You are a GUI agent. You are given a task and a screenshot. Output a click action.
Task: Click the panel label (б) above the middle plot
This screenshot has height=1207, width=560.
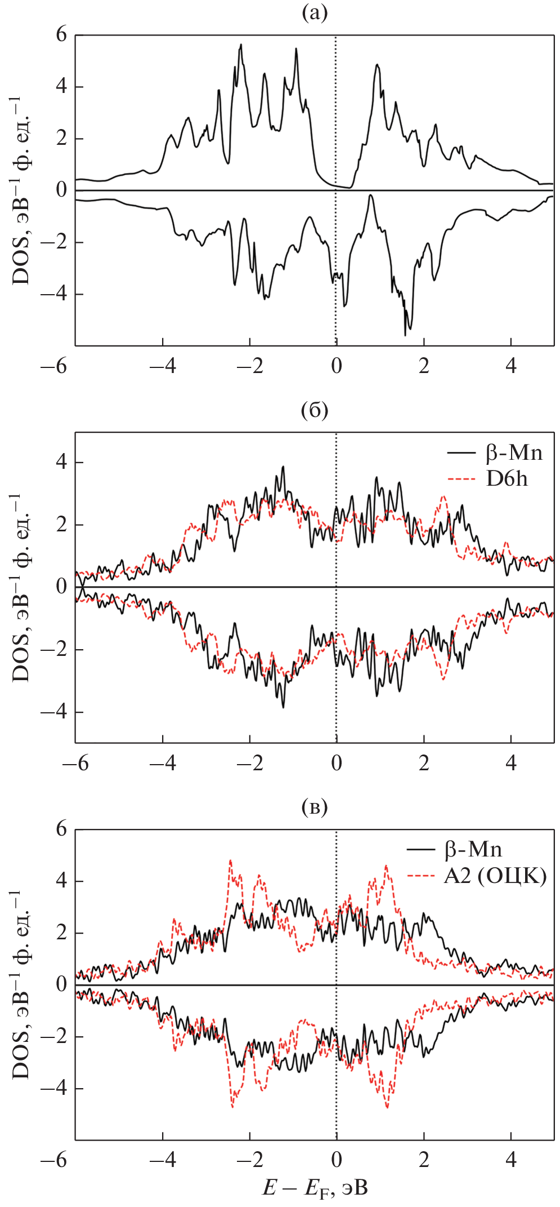pos(314,410)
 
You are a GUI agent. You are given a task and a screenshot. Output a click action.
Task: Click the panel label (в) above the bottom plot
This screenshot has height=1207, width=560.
pos(314,807)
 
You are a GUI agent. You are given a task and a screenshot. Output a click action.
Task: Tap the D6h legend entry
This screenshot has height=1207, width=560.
pos(507,479)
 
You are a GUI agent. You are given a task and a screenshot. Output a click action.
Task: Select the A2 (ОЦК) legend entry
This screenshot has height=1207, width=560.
pos(495,876)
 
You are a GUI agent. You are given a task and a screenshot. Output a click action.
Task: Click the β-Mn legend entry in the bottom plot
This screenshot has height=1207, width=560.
pos(473,850)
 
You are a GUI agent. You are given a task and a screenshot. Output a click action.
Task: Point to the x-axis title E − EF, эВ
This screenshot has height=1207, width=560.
pos(315,1188)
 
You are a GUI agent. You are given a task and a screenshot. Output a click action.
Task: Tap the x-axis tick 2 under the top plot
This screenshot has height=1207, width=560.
pos(424,366)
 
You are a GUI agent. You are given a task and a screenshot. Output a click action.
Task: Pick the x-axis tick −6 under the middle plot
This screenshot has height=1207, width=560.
pos(75,763)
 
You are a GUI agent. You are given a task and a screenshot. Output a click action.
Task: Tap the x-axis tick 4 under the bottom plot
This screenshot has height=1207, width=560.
pos(511,1160)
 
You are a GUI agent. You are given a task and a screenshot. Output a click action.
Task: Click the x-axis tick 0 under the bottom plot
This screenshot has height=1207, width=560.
pos(337,1160)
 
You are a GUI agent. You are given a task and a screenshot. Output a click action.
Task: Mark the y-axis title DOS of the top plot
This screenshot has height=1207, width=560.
pos(21,190)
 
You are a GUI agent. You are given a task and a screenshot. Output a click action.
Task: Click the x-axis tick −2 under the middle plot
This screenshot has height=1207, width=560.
pos(250,763)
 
